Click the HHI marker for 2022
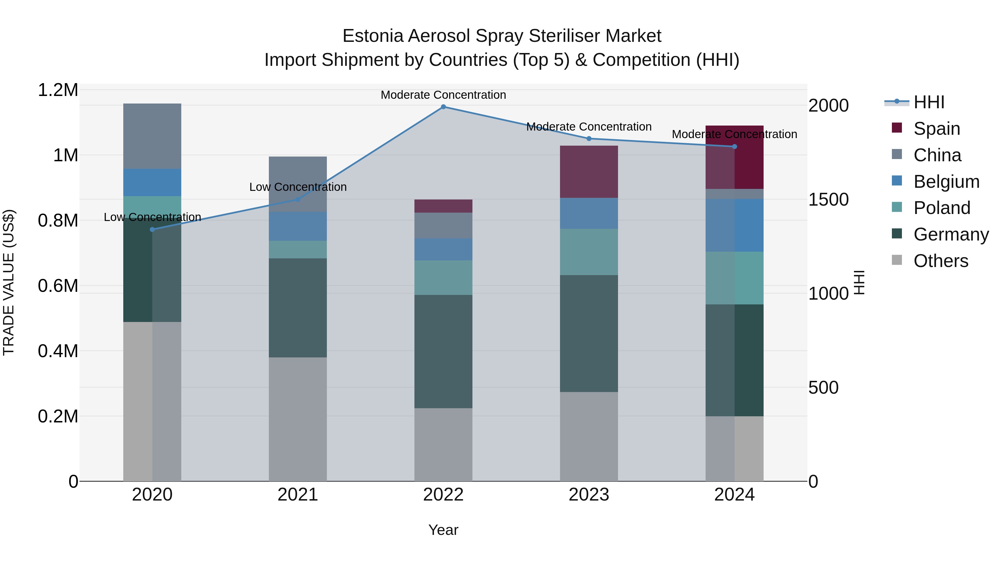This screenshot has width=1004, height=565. point(443,107)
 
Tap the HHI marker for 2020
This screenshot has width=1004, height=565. point(152,229)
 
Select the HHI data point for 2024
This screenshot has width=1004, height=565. point(734,146)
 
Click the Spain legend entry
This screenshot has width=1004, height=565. point(936,129)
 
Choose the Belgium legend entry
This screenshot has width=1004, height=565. point(946,182)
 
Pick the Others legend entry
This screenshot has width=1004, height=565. point(940,261)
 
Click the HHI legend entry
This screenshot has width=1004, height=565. point(928,102)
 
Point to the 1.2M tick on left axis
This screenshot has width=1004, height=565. point(58,90)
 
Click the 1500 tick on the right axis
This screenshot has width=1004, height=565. point(828,200)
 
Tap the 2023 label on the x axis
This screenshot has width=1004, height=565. point(588,495)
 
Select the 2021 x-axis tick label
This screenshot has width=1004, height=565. point(298,495)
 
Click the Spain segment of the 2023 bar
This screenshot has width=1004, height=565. point(588,172)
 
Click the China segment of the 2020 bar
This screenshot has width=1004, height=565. point(152,136)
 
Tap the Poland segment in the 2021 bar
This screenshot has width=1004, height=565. point(298,249)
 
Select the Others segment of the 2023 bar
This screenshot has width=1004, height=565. point(588,436)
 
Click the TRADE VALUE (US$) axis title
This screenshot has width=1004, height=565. point(9,282)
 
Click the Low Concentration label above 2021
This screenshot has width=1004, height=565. point(298,187)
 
